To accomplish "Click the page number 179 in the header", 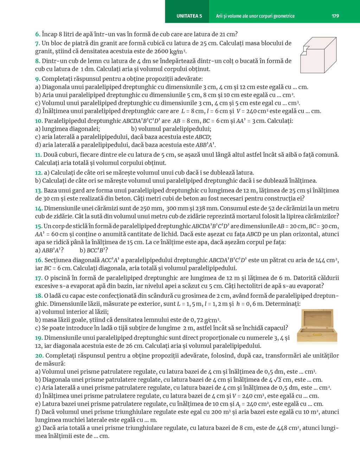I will (x=335, y=16).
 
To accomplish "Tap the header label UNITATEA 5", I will (x=189, y=16).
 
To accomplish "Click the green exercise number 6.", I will (x=37, y=34).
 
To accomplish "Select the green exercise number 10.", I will (x=39, y=121).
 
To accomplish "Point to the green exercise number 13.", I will (x=39, y=190).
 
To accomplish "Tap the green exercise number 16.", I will (x=39, y=260).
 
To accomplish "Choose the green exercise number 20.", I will (x=39, y=356).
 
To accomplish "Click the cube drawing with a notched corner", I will (x=318, y=55).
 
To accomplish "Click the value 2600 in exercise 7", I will (x=161, y=51).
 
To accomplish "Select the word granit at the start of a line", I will (x=44, y=51).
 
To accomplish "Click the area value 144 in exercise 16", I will (x=320, y=260).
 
